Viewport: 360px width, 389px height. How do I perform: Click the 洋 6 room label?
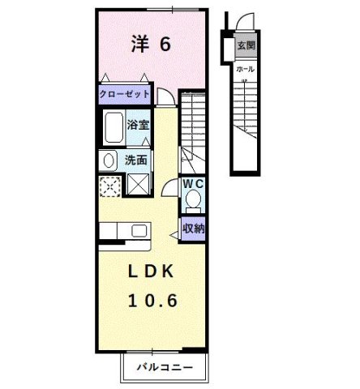(x=151, y=45)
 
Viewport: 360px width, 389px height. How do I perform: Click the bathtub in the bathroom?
(x=113, y=128)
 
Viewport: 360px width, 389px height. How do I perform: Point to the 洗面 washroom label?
(x=135, y=160)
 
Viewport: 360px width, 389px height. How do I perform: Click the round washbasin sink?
(x=108, y=160)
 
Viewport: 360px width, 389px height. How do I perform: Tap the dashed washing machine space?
(x=109, y=186)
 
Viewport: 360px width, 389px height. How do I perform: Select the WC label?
(x=192, y=184)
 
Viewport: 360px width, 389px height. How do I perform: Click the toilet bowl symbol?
(x=192, y=200)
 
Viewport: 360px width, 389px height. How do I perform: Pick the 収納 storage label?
(x=192, y=229)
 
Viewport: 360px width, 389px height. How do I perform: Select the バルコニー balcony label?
(x=164, y=368)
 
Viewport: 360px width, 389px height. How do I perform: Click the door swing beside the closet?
(x=165, y=96)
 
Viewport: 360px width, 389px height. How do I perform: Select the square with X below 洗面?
(x=138, y=185)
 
